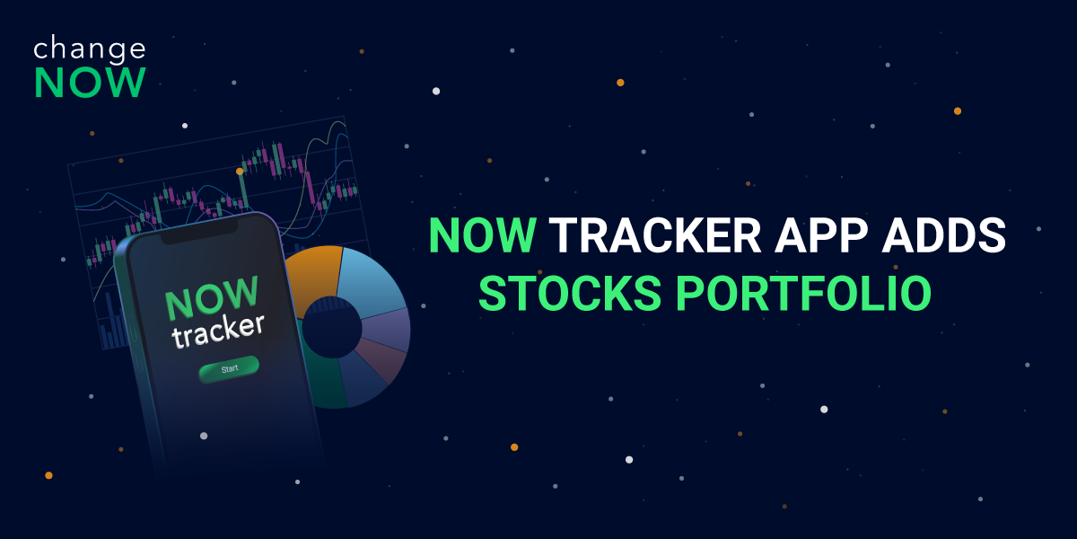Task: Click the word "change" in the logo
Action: (90, 49)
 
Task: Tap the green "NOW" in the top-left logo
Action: (90, 83)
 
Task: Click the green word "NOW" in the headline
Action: (483, 235)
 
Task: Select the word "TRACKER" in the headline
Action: (655, 235)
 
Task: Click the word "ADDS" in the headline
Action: (944, 235)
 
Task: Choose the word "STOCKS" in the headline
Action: (570, 293)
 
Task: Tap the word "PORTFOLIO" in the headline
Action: (803, 293)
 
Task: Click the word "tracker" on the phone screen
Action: (218, 331)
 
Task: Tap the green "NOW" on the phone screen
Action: (212, 298)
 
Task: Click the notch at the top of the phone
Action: (199, 232)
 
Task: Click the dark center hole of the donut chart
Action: (332, 327)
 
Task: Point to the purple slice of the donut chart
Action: (387, 330)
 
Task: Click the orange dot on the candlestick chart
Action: (240, 171)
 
